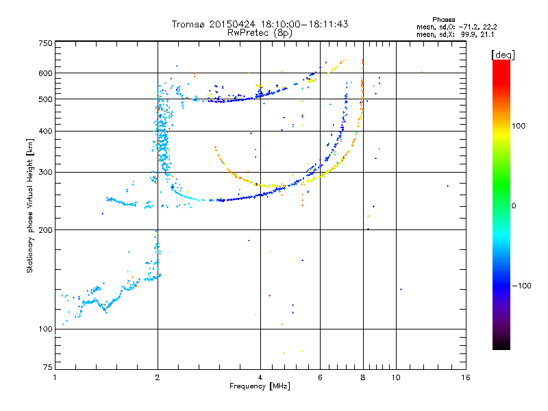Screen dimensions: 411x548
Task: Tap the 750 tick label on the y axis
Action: pos(45,42)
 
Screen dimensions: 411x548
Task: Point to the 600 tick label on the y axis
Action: pos(45,73)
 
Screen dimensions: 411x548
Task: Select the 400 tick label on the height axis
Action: pos(45,131)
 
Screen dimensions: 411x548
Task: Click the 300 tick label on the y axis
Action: pos(45,172)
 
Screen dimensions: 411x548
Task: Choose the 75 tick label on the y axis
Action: pos(47,369)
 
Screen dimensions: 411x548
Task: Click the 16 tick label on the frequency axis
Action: pos(465,377)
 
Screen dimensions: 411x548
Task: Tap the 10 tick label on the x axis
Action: pos(395,377)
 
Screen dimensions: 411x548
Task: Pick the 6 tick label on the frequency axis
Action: pos(320,377)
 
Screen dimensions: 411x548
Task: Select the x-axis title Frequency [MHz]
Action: pos(260,386)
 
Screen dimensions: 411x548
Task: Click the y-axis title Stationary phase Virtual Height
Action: pos(30,206)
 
